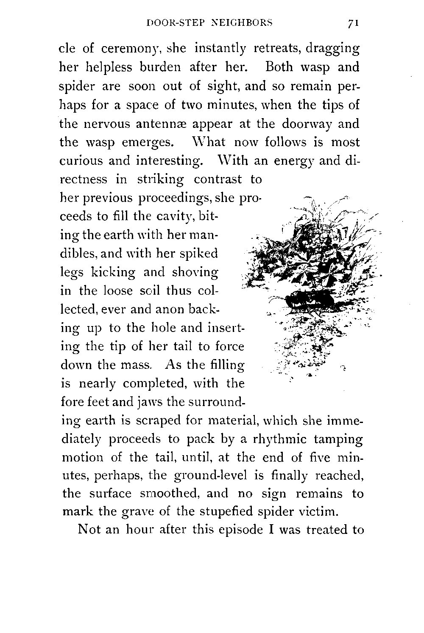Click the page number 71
click(x=352, y=24)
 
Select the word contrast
click(x=218, y=180)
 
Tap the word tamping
click(x=338, y=440)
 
